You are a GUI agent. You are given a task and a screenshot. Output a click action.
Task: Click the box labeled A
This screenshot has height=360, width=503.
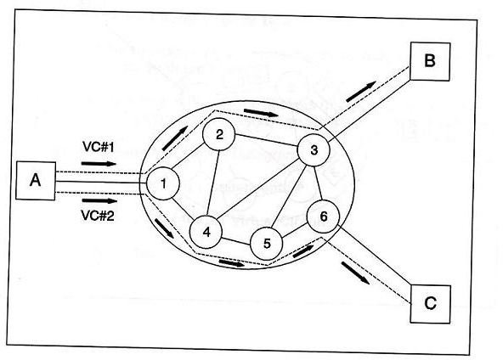36,181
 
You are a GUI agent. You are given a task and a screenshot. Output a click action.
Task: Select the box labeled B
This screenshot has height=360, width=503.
430,61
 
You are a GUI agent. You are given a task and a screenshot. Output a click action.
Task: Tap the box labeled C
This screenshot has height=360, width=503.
431,304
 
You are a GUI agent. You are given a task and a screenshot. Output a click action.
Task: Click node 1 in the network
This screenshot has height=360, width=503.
163,184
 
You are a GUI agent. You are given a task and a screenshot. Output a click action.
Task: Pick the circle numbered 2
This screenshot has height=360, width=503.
219,135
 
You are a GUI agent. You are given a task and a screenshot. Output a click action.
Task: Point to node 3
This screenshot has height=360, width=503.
314,150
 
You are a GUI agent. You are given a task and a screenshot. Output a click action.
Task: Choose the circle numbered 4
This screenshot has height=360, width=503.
206,232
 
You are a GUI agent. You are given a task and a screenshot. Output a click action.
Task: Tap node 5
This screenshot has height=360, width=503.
266,244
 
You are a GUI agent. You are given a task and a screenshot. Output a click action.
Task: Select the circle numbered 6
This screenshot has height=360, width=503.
323,217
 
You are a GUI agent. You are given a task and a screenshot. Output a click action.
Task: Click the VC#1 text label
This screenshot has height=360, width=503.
99,147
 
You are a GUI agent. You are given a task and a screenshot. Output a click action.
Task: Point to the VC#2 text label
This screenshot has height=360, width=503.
98,216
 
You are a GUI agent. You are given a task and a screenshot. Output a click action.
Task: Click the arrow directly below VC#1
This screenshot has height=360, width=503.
99,164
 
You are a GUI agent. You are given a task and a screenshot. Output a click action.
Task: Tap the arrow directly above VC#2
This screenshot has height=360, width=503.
99,201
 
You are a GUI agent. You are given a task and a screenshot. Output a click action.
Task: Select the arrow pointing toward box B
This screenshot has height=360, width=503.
361,92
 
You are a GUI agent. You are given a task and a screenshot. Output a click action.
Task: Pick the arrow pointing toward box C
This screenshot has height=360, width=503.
355,273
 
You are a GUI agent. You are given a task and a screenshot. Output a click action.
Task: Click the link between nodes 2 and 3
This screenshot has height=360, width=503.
267,140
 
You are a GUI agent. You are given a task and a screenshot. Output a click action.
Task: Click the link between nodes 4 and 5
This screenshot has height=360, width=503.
236,241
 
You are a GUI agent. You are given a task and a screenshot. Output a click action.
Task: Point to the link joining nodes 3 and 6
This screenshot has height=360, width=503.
318,183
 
